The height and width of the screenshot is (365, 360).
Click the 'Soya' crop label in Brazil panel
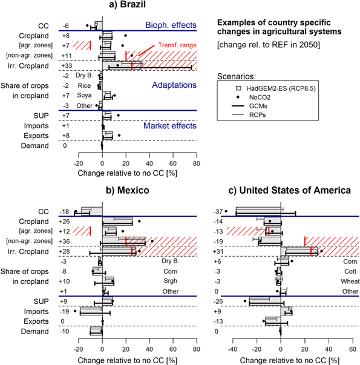pyautogui.click(x=83, y=95)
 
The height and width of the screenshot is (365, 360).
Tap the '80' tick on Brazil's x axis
pyautogui.click(x=196, y=163)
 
